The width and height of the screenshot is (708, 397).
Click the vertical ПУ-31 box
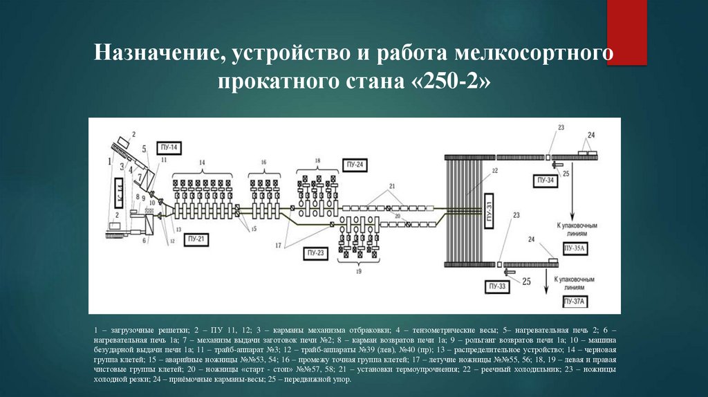click(488, 205)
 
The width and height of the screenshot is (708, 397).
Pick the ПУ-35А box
click(575, 248)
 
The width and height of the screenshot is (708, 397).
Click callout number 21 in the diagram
click(391, 187)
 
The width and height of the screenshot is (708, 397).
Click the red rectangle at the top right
click(626, 31)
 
